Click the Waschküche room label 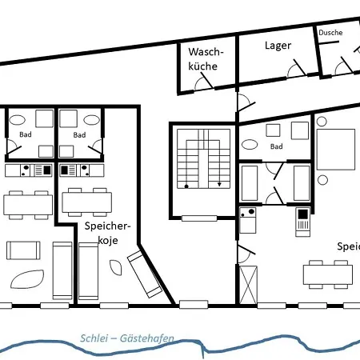(206, 59)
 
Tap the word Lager (278, 46)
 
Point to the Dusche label (330, 33)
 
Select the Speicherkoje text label (106, 234)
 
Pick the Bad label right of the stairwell (277, 147)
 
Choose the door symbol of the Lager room (297, 67)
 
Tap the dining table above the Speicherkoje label (86, 200)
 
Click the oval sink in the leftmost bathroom (24, 120)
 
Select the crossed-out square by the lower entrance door (249, 284)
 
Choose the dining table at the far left (28, 203)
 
